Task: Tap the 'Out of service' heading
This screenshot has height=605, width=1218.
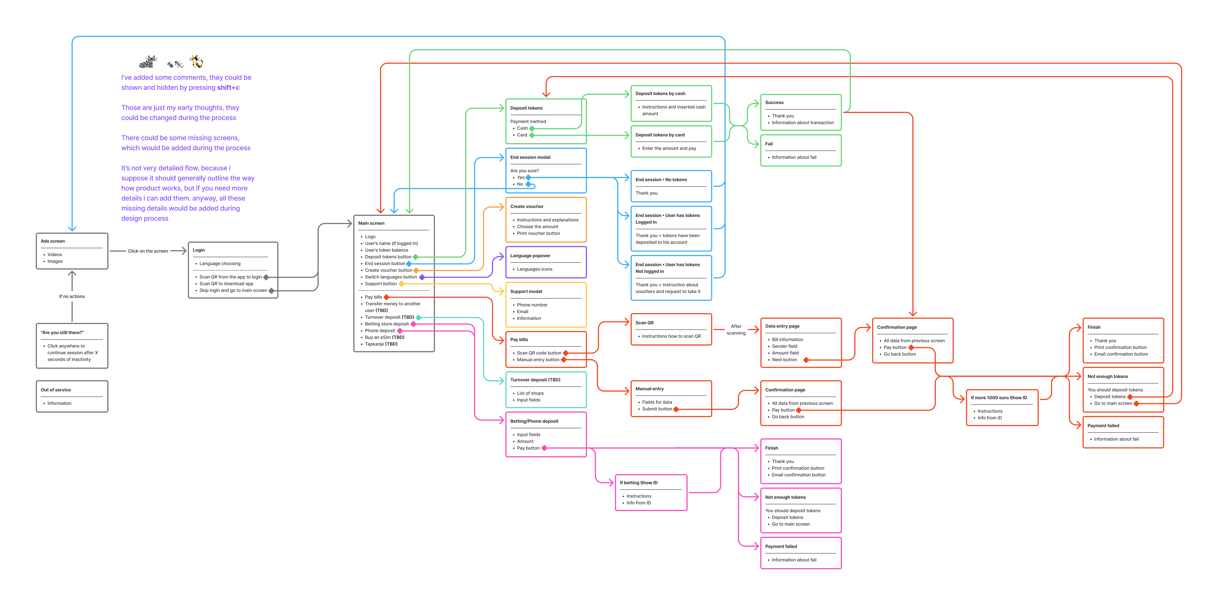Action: pos(56,390)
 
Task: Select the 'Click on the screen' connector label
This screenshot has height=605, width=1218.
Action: pos(148,251)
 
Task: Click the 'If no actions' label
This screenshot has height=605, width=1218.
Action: pos(72,297)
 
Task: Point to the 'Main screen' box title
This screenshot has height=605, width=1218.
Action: pos(371,223)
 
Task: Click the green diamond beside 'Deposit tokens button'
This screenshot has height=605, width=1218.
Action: pos(416,257)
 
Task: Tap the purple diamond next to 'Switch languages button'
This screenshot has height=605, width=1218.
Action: pos(422,277)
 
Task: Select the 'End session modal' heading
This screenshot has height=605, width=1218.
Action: pos(530,158)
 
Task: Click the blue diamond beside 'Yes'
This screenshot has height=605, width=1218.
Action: pos(528,177)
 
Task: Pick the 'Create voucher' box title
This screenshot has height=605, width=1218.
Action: pos(527,207)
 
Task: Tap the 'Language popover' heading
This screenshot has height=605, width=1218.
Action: pos(530,256)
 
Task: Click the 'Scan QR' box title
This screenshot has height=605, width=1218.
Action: pos(644,323)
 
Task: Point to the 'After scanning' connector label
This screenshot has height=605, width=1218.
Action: pos(736,330)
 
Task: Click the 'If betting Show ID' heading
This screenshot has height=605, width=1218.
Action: pos(638,483)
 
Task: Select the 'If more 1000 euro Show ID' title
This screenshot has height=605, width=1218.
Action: pos(999,398)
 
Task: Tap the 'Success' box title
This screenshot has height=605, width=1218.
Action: pos(774,103)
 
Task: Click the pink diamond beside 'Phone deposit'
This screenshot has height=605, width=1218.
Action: pos(400,331)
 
